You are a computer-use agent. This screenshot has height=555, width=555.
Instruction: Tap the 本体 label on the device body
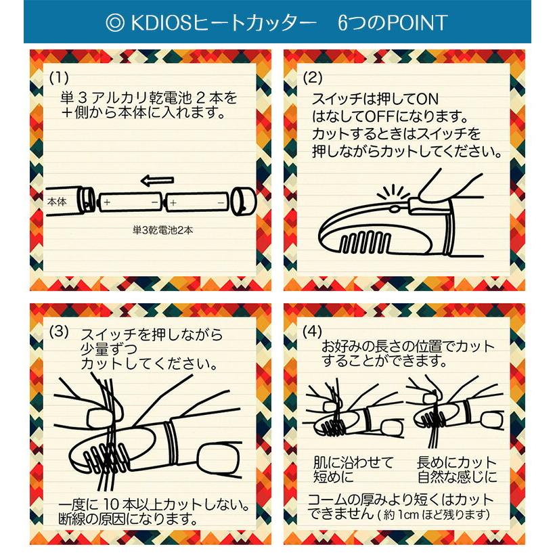[57, 201]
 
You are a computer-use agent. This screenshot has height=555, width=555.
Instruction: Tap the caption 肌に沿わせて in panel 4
[353, 463]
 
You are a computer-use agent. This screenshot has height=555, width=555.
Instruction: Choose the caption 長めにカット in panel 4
[456, 463]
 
